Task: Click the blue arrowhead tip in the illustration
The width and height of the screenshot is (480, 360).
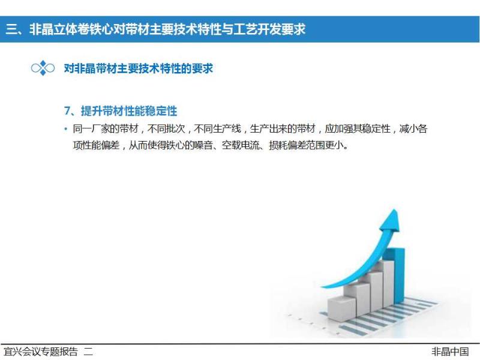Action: click(x=394, y=210)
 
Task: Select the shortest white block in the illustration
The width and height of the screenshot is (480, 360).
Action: click(x=341, y=308)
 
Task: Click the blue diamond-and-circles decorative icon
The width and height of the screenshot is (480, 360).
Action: click(x=43, y=68)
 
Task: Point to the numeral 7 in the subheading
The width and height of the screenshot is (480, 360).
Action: click(x=67, y=111)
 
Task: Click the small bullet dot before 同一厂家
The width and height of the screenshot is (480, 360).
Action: click(x=66, y=129)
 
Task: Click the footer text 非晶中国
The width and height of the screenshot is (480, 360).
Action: click(x=450, y=352)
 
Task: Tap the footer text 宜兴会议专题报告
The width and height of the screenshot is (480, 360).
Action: click(x=41, y=352)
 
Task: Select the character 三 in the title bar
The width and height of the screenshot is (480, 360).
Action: click(x=11, y=29)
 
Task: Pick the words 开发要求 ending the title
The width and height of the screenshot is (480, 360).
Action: click(x=281, y=29)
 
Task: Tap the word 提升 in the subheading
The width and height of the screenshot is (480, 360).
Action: click(x=92, y=111)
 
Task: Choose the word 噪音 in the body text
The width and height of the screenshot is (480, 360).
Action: click(x=203, y=145)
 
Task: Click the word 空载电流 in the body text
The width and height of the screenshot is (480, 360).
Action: click(x=241, y=145)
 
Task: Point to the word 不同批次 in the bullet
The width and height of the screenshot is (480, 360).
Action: click(x=166, y=129)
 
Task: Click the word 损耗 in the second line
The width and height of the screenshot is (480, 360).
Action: click(x=278, y=145)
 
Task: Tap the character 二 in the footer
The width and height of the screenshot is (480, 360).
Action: click(x=88, y=352)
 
